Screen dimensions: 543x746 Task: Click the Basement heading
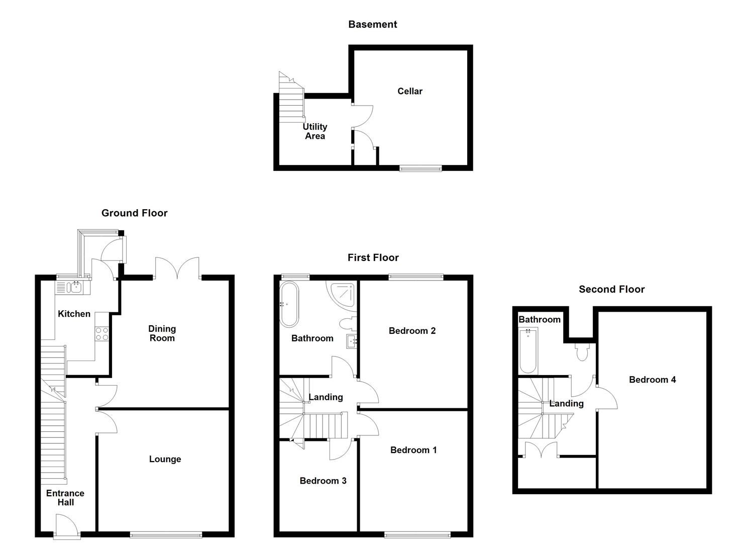372,24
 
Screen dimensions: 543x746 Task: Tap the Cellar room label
409,91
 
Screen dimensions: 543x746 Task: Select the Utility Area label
315,131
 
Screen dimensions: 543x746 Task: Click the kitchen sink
73,287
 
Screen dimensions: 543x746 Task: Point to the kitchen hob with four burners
102,334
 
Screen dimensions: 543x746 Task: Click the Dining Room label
162,333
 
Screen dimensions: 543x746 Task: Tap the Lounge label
165,459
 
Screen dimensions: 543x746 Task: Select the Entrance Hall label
65,498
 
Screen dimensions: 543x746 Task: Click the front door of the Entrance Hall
66,527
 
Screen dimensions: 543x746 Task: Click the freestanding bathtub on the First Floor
289,304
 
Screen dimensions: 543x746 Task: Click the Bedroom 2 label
412,330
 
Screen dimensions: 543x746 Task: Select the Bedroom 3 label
323,481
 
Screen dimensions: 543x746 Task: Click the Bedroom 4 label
652,380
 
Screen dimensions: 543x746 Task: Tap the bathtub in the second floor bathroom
528,350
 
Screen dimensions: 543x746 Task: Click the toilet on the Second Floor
583,352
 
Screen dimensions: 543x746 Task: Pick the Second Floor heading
611,289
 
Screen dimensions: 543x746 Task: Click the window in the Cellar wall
420,168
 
